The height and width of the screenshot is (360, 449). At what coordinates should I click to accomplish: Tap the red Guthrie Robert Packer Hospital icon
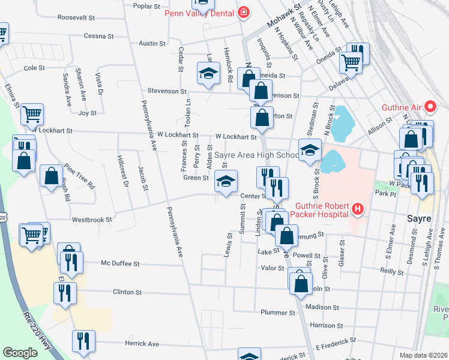pyautogui.click(x=358, y=209)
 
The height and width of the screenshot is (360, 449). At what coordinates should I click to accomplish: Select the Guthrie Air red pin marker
pyautogui.click(x=430, y=108)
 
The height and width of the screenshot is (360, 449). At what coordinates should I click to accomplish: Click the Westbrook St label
pyautogui.click(x=92, y=220)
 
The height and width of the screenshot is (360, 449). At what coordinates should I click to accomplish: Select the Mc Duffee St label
pyautogui.click(x=120, y=263)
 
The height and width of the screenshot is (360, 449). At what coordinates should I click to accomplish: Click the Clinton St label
pyautogui.click(x=127, y=293)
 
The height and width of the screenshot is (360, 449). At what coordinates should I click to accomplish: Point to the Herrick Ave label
pyautogui.click(x=142, y=344)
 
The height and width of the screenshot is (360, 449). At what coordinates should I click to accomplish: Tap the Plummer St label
pyautogui.click(x=278, y=313)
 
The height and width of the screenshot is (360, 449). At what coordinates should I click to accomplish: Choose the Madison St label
pyautogui.click(x=321, y=306)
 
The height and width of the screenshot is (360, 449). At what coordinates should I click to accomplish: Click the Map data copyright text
pyautogui.click(x=423, y=355)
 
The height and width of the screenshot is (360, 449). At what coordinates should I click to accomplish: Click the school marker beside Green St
pyautogui.click(x=226, y=182)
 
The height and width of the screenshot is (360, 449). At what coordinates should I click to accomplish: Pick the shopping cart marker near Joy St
pyautogui.click(x=32, y=114)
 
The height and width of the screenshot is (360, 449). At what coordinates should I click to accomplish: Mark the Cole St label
pyautogui.click(x=35, y=68)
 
